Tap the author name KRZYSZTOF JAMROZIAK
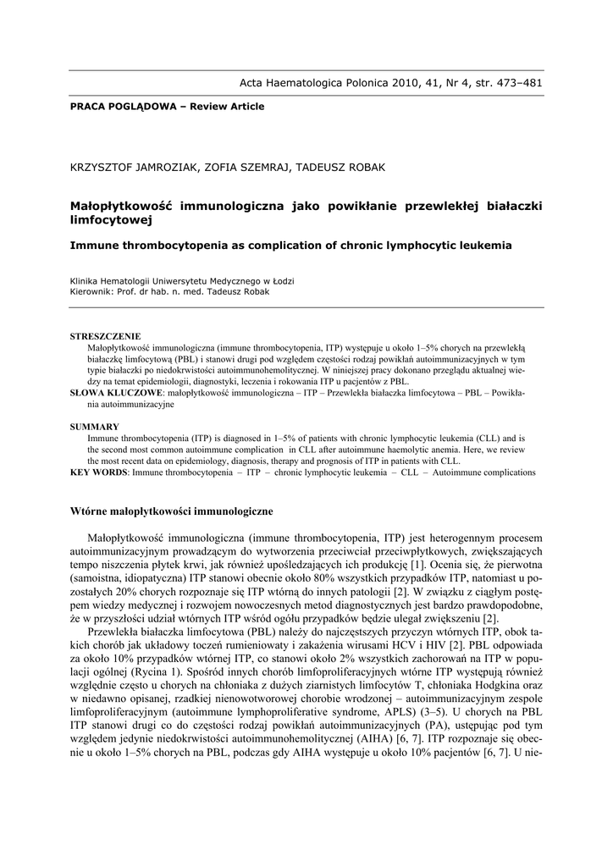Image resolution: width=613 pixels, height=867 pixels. [134, 167]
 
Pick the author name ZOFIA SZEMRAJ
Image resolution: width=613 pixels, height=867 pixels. [245, 167]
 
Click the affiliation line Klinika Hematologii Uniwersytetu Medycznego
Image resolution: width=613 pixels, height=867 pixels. [182, 280]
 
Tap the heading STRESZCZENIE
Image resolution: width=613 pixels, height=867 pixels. [105, 336]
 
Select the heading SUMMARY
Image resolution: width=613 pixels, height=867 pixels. [94, 427]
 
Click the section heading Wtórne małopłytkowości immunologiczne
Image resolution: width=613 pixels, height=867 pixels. [171, 511]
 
